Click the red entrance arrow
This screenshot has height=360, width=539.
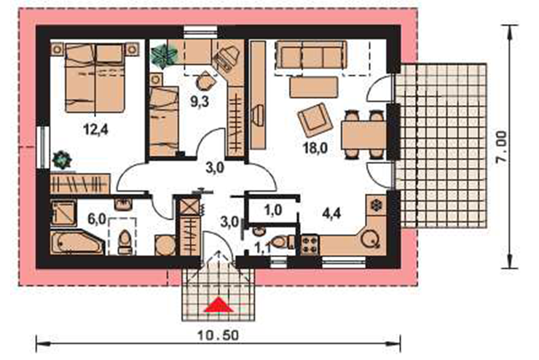pos(219,305)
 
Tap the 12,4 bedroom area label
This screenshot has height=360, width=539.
pos(95,130)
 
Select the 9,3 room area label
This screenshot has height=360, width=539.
pos(200,101)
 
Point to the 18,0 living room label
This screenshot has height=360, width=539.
pos(315,147)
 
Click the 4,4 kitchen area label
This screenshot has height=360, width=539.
pos(331,214)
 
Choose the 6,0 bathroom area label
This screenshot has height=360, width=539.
pos(97,219)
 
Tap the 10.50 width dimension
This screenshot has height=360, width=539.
pos(218,335)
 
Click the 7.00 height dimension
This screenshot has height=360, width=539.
pos(501,146)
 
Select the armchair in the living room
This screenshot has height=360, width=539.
pos(315,120)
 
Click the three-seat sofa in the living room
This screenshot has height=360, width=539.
pos(312,55)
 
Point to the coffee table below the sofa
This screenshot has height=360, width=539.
pos(314,87)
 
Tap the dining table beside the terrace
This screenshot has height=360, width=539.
pos(364,135)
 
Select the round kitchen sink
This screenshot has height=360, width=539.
pos(370,238)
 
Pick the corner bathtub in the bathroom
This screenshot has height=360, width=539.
pos(76,242)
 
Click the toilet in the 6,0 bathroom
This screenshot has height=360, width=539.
pos(125,242)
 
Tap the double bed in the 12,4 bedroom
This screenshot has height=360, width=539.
pos(95,78)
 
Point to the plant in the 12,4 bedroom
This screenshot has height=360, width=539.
pos(62,160)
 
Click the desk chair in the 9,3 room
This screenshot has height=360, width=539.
pos(206,81)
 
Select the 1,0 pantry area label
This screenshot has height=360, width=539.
pos(273,210)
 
